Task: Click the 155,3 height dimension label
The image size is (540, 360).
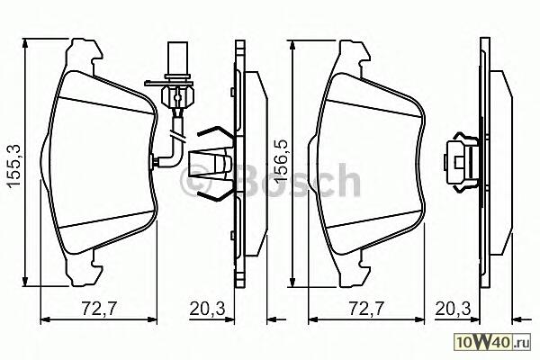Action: (x=14, y=166)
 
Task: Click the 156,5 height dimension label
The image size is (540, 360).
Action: (x=282, y=160)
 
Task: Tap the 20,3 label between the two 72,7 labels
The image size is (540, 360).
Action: (x=207, y=309)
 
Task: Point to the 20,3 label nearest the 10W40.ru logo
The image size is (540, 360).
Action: (x=453, y=309)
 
